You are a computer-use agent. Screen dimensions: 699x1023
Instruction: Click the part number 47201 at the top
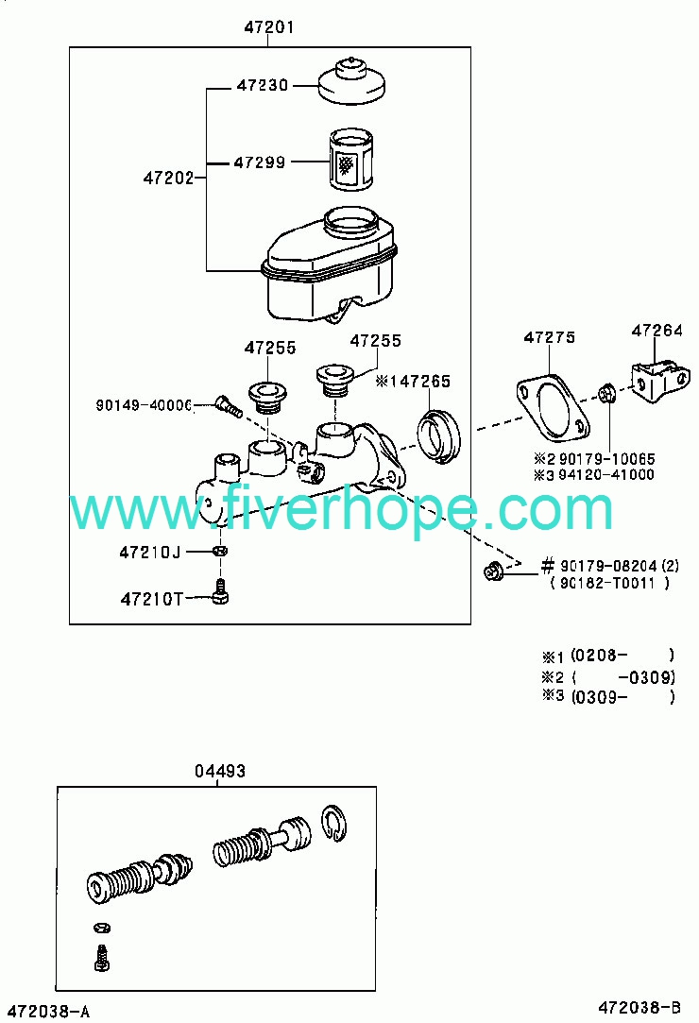click(269, 26)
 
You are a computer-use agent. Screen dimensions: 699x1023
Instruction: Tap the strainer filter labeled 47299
click(350, 160)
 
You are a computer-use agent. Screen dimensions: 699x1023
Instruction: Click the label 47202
click(168, 178)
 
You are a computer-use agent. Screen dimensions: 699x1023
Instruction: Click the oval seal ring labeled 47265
click(438, 435)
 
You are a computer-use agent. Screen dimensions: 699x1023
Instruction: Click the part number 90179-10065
click(607, 459)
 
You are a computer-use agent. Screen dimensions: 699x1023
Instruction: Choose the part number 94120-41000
click(606, 474)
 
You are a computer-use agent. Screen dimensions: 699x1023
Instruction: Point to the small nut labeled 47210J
click(221, 551)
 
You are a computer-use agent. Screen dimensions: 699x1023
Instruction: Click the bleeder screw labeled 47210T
click(221, 591)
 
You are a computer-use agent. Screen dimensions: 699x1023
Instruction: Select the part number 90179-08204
click(608, 567)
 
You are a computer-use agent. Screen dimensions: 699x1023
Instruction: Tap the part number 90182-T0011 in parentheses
click(607, 583)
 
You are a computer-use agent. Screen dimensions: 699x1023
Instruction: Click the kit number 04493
click(220, 771)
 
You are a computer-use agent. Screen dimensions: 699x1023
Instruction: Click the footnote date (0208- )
click(622, 655)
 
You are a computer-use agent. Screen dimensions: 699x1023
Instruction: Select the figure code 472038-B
click(639, 1007)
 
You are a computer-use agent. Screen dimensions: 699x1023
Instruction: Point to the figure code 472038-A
click(45, 1012)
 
